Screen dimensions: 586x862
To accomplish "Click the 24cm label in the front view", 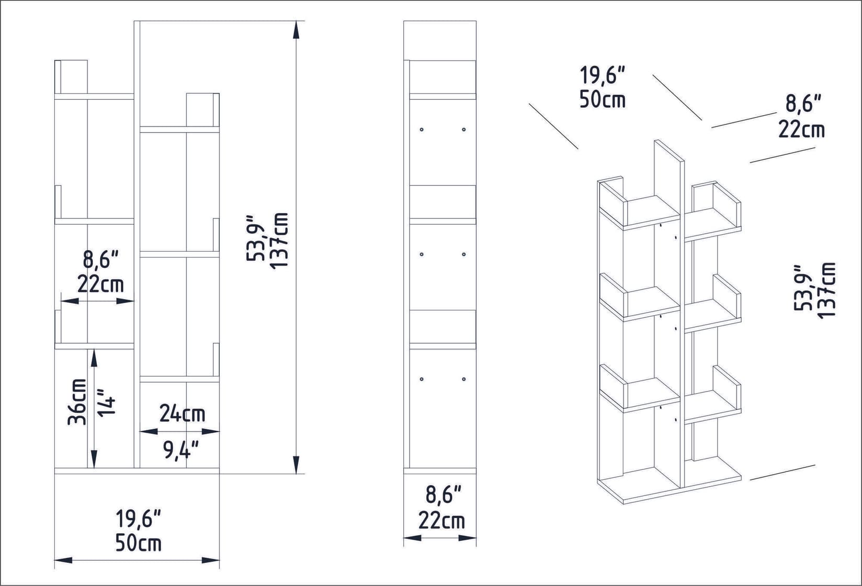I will [x=182, y=414].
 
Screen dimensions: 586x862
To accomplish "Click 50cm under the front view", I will [x=138, y=544].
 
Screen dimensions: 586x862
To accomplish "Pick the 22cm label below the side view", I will [x=441, y=521].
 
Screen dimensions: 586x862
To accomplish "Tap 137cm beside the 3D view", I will [x=826, y=289].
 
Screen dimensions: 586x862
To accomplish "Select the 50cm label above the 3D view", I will [x=602, y=99].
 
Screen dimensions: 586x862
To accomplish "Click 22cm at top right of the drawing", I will [x=801, y=129].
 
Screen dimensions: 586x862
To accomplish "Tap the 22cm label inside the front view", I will [x=101, y=285].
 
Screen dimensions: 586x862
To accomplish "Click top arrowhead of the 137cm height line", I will [x=296, y=29].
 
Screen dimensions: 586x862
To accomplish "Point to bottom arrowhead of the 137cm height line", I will [x=296, y=465].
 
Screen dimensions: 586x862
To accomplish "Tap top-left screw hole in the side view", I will [x=421, y=129].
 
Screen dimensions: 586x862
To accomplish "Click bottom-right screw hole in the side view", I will [x=464, y=379].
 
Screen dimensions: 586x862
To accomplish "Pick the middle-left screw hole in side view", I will [x=421, y=255].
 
